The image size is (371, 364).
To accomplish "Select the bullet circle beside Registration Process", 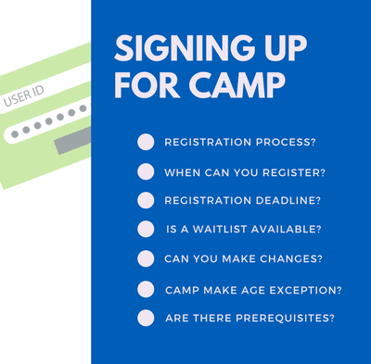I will [x=146, y=142].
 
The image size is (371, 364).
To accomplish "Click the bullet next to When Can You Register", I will [x=146, y=171].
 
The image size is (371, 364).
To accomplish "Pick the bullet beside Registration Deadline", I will [x=146, y=200].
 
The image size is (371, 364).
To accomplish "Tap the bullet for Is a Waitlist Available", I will [x=146, y=229].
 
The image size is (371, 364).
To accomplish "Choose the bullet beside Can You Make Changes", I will [x=146, y=258].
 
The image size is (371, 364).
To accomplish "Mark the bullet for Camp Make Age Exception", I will [x=146, y=289].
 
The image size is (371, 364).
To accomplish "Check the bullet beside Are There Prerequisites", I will [x=146, y=318].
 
